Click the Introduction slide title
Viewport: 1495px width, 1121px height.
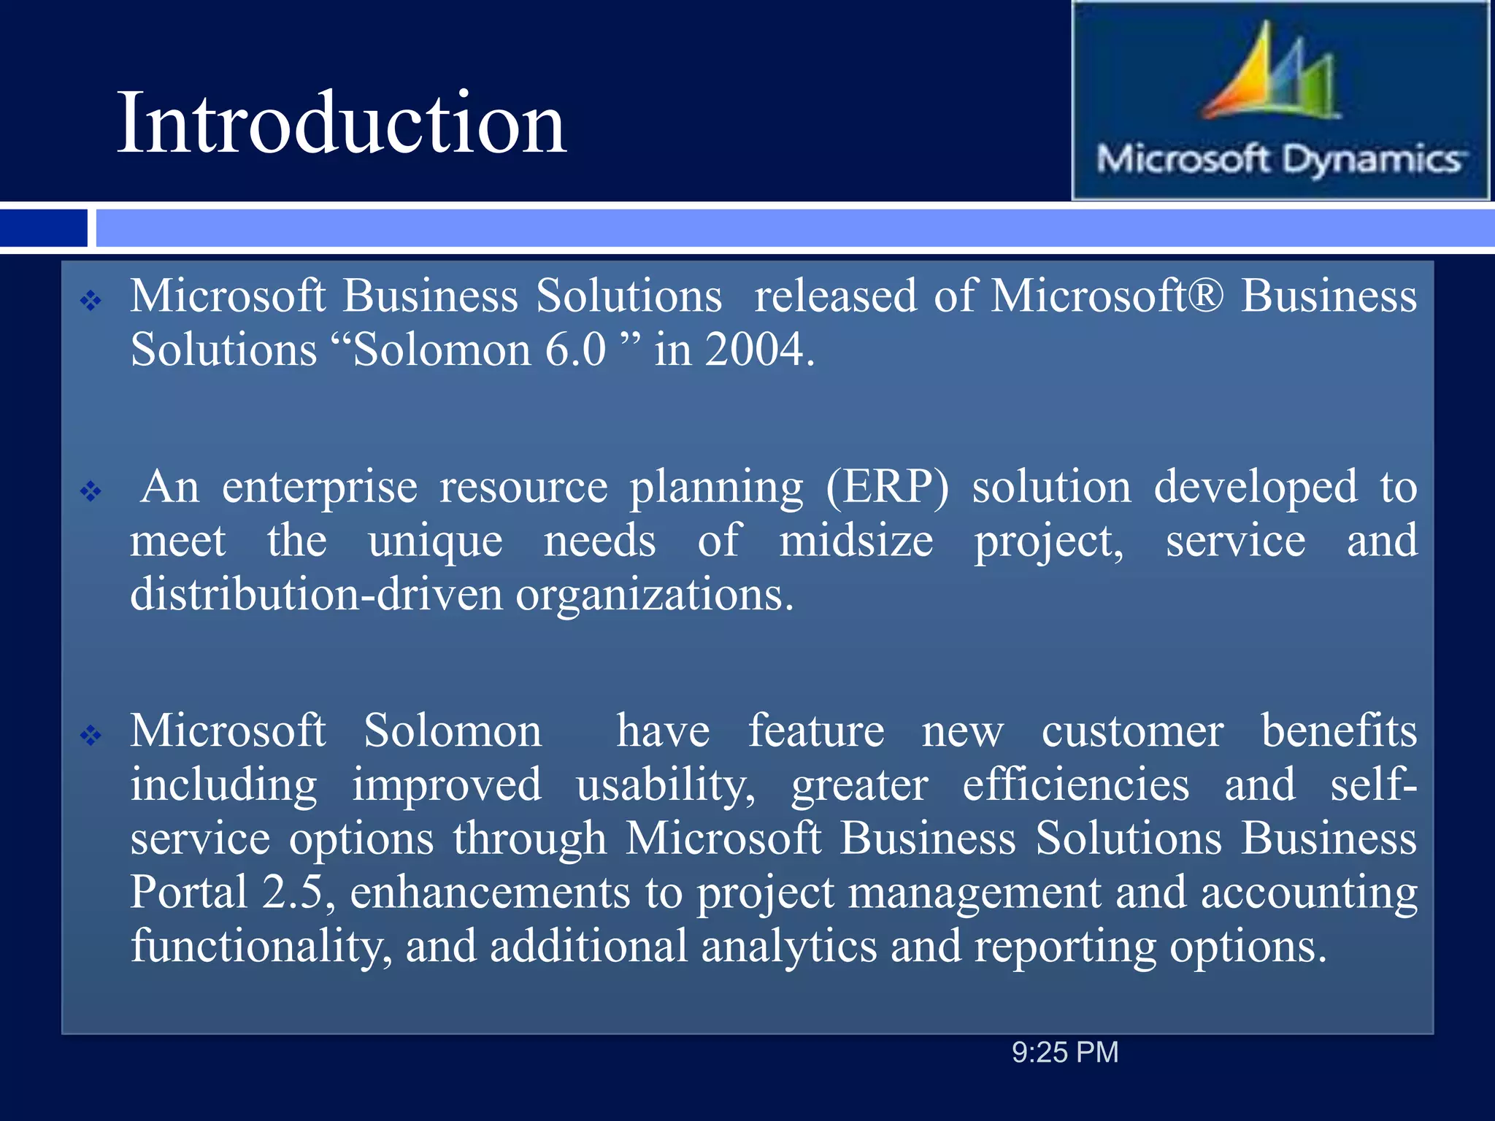pyautogui.click(x=342, y=123)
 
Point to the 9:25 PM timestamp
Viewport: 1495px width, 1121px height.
pyautogui.click(x=1064, y=1052)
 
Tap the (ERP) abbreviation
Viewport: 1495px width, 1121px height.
pyautogui.click(x=887, y=487)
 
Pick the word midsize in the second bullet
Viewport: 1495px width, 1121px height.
pyautogui.click(x=856, y=541)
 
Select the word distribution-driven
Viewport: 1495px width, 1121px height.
pyautogui.click(x=316, y=594)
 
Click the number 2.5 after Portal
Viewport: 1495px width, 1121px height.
pyautogui.click(x=292, y=892)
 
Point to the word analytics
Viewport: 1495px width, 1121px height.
pyautogui.click(x=788, y=946)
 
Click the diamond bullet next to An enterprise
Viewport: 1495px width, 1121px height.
pyautogui.click(x=91, y=491)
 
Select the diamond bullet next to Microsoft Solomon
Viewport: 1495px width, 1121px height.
pyautogui.click(x=91, y=734)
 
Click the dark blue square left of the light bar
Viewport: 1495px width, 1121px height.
pyautogui.click(x=43, y=228)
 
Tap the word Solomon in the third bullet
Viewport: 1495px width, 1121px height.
pyautogui.click(x=453, y=731)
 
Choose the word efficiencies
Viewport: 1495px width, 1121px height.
pyautogui.click(x=1075, y=785)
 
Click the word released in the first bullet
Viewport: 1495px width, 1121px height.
pyautogui.click(x=835, y=296)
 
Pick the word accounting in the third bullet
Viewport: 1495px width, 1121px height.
pyautogui.click(x=1309, y=892)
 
